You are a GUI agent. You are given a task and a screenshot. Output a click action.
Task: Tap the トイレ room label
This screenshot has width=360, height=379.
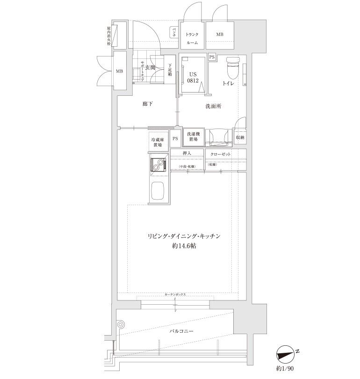228,84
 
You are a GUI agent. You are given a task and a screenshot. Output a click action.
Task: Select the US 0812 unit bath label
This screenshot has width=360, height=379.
194,77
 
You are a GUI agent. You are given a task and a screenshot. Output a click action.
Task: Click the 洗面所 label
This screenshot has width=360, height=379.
213,106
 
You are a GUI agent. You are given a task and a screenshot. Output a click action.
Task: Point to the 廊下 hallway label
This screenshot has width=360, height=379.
148,104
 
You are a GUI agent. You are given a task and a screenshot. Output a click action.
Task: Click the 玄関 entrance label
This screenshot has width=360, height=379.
150,68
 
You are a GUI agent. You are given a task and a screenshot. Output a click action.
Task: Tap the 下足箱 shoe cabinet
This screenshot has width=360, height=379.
170,70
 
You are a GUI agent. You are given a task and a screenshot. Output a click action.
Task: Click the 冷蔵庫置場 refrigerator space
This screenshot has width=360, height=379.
156,142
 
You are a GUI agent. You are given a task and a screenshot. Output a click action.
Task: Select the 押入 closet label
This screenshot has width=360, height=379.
187,153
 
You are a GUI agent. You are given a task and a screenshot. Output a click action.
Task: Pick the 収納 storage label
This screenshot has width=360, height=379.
240,137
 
